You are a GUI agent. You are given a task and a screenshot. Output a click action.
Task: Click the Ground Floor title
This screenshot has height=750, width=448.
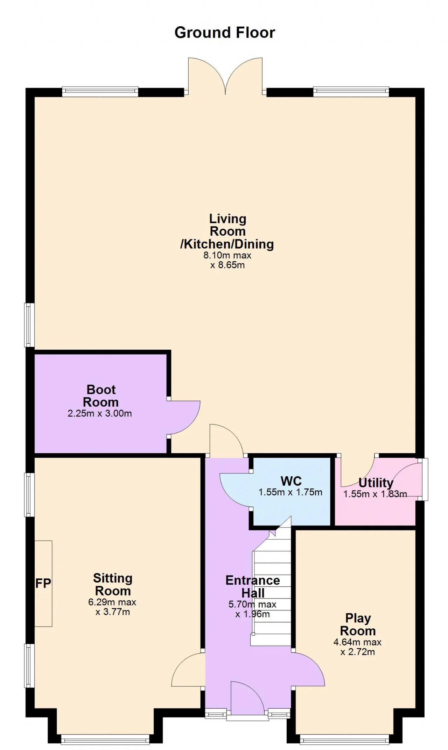click(225, 33)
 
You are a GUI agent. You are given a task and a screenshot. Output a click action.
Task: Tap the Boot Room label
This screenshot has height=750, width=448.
click(101, 396)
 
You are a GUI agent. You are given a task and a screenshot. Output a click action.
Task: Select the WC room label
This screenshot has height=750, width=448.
click(291, 481)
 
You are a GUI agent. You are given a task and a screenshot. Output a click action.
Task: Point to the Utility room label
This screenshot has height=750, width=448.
click(376, 483)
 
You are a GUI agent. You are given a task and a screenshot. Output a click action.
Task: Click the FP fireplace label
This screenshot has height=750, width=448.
click(43, 583)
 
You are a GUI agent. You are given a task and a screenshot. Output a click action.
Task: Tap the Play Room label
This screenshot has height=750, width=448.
click(358, 624)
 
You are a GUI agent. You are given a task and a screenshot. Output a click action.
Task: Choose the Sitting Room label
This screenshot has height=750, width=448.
click(113, 585)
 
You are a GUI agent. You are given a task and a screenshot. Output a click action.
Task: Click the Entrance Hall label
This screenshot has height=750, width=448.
click(253, 587)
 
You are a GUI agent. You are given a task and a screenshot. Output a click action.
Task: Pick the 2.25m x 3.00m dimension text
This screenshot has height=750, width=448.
click(100, 414)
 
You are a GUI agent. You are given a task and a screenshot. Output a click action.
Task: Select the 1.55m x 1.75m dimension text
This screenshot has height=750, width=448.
click(290, 492)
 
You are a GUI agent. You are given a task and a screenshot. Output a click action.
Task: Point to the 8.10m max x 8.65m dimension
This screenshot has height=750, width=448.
click(227, 260)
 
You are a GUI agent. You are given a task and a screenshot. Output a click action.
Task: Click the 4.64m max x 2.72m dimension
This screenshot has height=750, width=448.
click(358, 647)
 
